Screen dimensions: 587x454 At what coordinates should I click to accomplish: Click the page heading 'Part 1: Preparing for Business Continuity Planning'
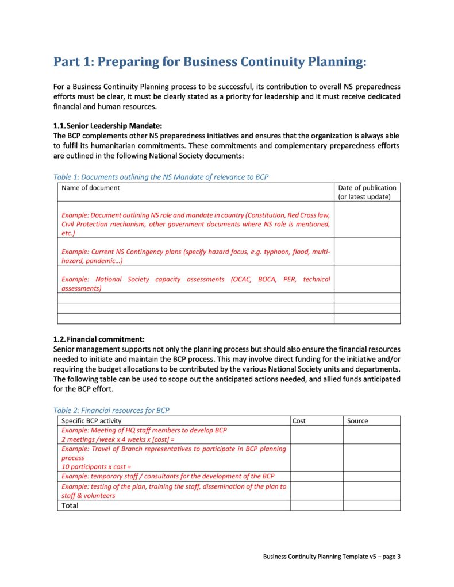pos(210,62)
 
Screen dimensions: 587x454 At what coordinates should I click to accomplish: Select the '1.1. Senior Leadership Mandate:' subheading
pos(108,125)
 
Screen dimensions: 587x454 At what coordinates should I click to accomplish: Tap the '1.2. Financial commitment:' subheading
pos(99,339)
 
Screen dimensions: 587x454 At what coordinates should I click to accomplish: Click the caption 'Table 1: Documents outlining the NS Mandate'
pos(160,177)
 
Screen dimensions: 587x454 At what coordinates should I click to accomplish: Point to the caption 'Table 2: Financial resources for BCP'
pos(111,410)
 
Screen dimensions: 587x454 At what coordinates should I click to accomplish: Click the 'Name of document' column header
pos(91,188)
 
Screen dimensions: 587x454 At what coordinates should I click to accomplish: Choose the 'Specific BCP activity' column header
pos(91,421)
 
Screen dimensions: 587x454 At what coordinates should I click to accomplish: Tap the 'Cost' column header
pos(299,421)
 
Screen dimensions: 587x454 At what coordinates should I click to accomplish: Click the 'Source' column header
pos(357,421)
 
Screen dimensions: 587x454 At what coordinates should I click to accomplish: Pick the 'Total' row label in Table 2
pos(70,505)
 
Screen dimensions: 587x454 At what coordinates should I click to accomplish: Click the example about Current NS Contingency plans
pos(195,256)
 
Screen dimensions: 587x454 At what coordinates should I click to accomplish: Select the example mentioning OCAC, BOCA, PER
pos(195,284)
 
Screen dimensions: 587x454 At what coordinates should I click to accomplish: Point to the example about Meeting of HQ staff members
pos(144,434)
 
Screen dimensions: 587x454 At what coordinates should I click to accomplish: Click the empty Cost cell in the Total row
pos(316,505)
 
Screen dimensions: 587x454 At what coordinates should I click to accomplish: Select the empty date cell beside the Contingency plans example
pos(367,252)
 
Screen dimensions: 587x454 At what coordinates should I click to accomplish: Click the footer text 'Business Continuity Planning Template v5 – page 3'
pos(332,556)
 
